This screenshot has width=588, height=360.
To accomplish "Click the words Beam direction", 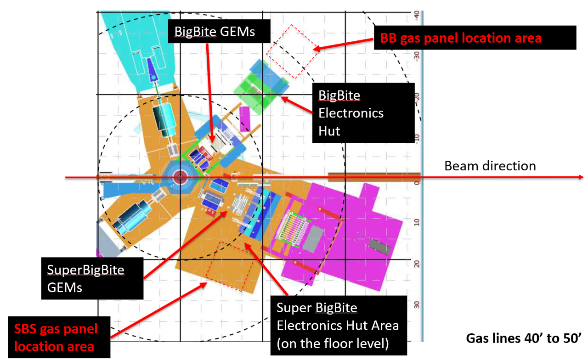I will (490, 165).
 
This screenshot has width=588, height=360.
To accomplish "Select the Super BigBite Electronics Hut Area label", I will (338, 325).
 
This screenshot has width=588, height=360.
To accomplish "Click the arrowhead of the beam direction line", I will (581, 177).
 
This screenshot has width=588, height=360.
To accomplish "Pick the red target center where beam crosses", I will (180, 177).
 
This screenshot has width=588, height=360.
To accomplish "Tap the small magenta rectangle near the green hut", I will (244, 118).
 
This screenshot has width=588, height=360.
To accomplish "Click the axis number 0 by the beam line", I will (416, 183).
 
